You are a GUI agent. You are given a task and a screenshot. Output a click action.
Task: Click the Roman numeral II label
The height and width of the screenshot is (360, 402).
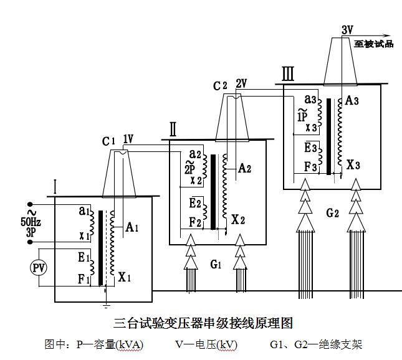click(x=173, y=130)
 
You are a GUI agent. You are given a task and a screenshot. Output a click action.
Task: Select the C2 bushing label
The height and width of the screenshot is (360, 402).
click(x=220, y=86)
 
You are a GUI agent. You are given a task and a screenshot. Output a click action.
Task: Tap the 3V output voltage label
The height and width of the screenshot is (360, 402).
click(x=348, y=29)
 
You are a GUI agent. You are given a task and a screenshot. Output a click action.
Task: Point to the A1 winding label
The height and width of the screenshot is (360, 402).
click(x=132, y=227)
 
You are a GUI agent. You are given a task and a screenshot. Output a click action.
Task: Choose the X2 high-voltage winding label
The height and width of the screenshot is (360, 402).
click(x=238, y=219)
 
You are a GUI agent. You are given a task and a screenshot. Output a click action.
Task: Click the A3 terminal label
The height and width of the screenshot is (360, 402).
click(x=352, y=100)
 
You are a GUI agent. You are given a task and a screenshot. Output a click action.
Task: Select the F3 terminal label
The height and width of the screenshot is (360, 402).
click(x=310, y=167)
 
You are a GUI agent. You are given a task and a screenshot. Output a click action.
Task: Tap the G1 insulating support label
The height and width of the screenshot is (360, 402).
click(x=216, y=265)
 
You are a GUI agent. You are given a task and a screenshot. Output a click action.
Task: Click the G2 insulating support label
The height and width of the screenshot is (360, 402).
click(x=332, y=212)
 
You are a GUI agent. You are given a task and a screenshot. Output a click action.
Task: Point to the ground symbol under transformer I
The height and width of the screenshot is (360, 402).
click(x=107, y=305)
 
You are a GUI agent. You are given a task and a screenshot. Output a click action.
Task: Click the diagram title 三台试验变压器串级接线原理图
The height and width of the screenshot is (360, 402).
click(x=203, y=323)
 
